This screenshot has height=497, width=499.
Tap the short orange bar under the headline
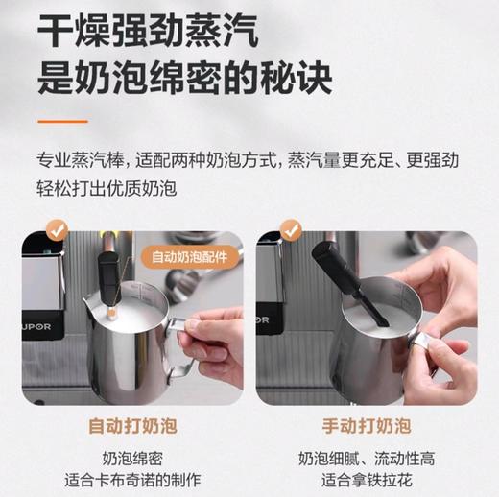(x=62, y=122)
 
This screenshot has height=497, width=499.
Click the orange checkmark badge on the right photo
(x=291, y=230)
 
